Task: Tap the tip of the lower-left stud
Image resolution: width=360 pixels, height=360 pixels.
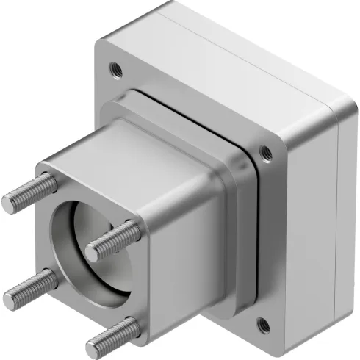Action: [10, 298]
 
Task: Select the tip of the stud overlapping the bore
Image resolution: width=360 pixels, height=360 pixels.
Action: [93, 252]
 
